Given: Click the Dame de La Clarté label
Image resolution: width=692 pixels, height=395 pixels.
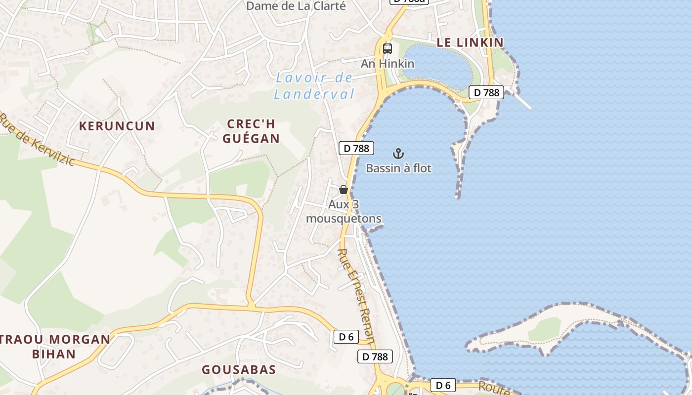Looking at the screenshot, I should click(x=296, y=6).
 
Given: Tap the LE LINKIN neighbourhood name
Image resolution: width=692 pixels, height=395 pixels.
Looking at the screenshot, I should click(x=470, y=42).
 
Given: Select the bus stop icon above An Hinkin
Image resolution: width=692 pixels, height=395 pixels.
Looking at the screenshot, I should click(x=388, y=49).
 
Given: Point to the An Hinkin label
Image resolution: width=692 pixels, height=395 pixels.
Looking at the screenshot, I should click(x=388, y=64).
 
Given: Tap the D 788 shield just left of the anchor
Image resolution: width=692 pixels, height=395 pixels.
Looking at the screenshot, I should click(x=356, y=148).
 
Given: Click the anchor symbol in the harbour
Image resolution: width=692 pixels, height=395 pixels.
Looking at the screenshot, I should click(x=398, y=154).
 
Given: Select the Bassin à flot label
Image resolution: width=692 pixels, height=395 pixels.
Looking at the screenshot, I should click(x=398, y=168).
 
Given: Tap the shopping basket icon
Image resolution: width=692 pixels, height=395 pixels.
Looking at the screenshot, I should click(x=344, y=190).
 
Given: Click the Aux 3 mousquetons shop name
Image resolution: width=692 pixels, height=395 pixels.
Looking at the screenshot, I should click(x=344, y=211).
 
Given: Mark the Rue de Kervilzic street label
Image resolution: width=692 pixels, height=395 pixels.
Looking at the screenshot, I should click(x=37, y=140).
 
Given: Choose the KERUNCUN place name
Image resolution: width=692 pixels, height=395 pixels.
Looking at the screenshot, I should click(x=117, y=126).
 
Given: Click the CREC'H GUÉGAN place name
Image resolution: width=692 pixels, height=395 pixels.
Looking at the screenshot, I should click(x=251, y=131).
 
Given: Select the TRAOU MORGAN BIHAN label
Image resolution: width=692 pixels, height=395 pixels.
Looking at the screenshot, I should click(x=54, y=347).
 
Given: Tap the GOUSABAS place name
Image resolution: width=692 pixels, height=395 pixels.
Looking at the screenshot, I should click(x=239, y=370).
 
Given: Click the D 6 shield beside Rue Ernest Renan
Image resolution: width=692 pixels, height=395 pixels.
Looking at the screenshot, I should click(x=346, y=337).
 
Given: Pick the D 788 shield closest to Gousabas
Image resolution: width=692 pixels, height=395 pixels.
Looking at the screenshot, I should click(x=375, y=356).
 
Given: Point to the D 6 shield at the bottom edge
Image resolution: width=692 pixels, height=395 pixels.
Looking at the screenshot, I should click(x=443, y=385).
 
